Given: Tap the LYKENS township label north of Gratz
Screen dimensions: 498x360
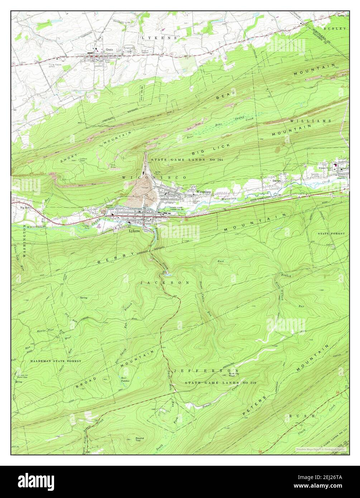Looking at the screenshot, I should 159,38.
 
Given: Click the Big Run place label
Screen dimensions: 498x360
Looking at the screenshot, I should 25,207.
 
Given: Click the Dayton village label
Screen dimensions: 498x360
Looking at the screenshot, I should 276,181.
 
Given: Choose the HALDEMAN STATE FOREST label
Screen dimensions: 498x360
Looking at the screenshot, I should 56,361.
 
